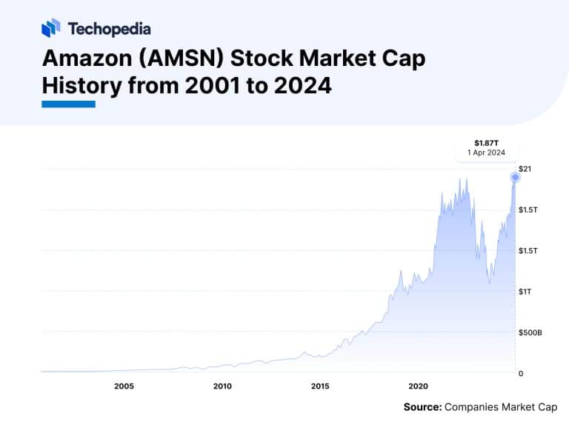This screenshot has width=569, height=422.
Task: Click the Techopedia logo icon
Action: pos(50,28)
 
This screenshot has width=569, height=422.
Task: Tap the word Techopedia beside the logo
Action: pos(109,29)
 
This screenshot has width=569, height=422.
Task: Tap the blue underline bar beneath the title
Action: pos(68,104)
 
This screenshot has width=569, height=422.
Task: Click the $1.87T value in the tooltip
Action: pos(486,142)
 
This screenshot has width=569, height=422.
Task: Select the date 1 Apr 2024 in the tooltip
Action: pos(486,152)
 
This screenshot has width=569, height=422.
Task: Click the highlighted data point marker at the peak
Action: pos(514,177)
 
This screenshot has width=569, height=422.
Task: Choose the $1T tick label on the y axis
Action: pos(524,292)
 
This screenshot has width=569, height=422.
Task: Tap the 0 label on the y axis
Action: pos(520,373)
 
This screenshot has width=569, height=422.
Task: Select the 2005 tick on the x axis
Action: pos(124,386)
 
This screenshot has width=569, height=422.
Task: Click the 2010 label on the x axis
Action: pos(222,386)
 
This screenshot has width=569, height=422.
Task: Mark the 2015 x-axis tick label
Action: pos(320,386)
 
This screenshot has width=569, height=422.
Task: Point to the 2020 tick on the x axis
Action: pos(419,386)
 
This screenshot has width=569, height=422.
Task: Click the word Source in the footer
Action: pos(422,406)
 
